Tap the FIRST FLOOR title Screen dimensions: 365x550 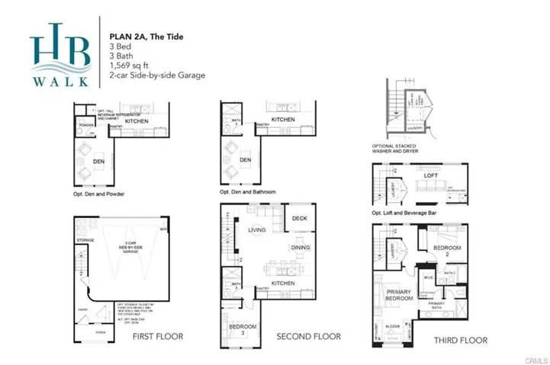(x=157, y=336)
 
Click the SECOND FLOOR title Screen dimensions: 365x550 (x=308, y=336)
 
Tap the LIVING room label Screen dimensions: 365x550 (x=257, y=229)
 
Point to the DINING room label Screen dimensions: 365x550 (x=300, y=248)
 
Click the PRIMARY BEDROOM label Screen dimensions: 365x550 (x=400, y=295)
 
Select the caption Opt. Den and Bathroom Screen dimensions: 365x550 (x=248, y=192)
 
